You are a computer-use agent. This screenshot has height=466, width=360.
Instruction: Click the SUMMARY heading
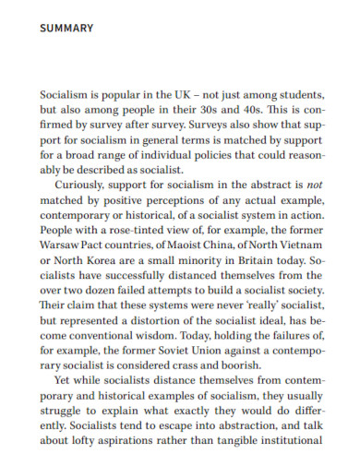pyautogui.click(x=66, y=29)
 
